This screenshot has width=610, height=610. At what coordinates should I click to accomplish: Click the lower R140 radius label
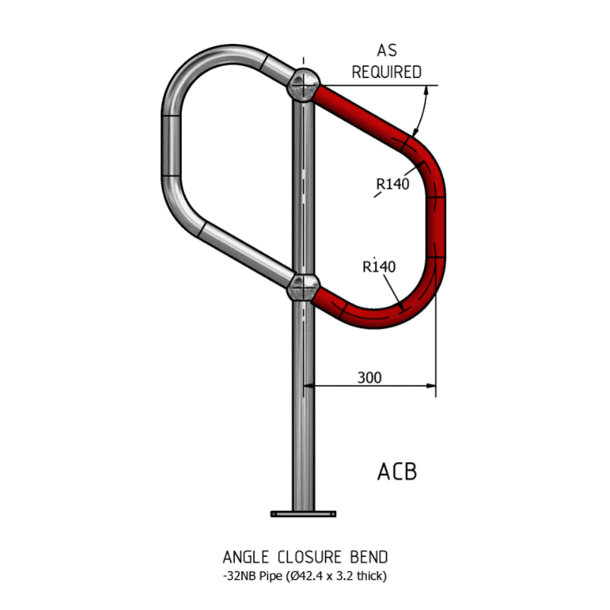point(378,267)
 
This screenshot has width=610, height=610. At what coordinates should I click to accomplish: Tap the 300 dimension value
point(369,377)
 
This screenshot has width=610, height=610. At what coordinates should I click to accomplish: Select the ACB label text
point(397,472)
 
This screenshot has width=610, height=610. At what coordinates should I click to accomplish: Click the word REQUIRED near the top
point(386,72)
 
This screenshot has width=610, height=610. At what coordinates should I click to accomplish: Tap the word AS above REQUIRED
point(386,51)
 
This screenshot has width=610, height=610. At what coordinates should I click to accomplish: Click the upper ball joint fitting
point(303,85)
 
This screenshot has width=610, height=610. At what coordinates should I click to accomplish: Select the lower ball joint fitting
point(303,288)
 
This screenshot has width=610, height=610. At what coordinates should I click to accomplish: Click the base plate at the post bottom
point(303,512)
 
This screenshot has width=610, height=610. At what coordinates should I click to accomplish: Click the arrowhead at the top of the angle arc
point(428,90)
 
